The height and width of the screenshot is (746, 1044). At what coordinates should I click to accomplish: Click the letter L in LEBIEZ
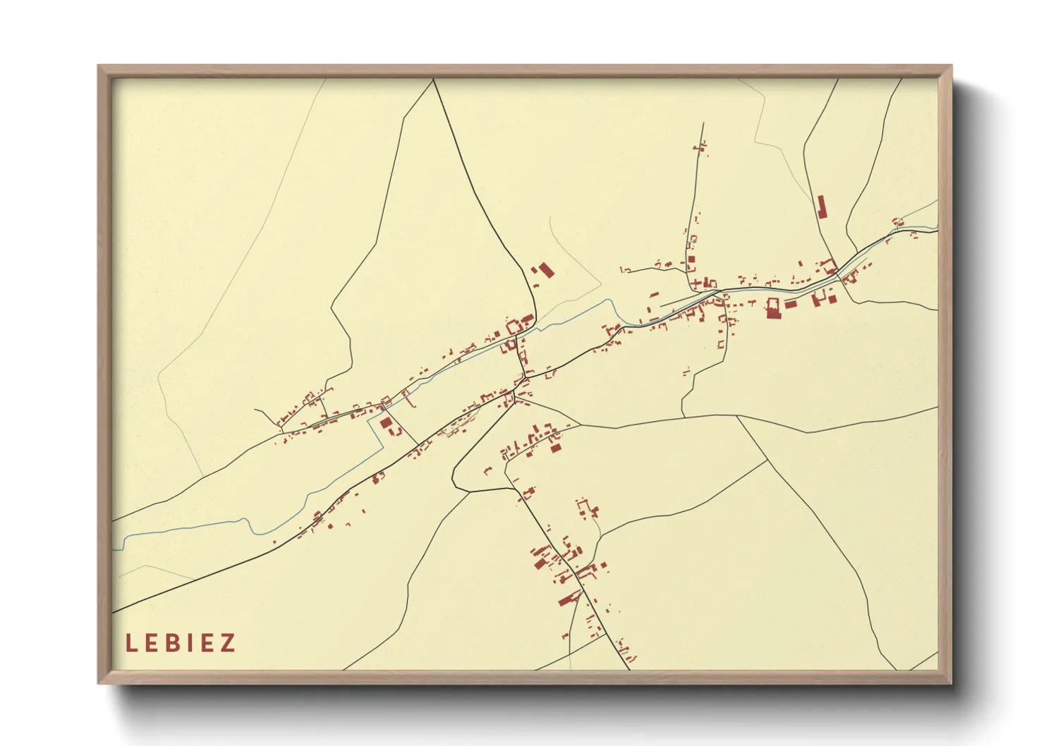coord(130,643)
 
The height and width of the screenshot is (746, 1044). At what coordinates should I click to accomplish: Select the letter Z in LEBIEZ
coord(227,643)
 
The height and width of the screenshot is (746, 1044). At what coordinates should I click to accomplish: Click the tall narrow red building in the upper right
coord(821,207)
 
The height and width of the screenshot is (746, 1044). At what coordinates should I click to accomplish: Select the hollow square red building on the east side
coord(773,308)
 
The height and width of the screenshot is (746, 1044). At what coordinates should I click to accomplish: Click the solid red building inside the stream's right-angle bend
coord(386,423)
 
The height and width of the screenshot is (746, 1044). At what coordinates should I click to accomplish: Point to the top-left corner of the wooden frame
coord(99,66)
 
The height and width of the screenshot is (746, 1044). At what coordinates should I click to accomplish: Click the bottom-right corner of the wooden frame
coord(951,683)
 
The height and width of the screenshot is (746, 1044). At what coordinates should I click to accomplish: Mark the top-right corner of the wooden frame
coord(951,66)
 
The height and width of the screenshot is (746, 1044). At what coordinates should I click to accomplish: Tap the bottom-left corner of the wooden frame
coord(99,683)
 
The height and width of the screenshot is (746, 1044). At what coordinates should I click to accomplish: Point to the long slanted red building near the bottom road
coord(567,600)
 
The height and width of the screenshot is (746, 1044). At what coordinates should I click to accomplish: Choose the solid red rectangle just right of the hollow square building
coord(790,305)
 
